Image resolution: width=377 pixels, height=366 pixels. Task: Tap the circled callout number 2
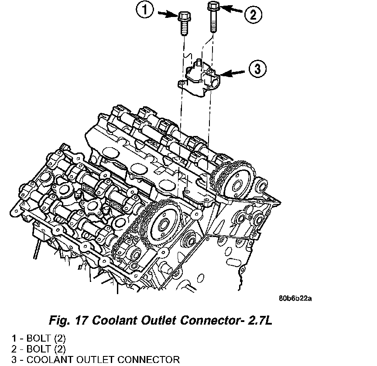(x=253, y=16)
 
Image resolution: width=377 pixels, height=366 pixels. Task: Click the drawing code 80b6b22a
(x=297, y=299)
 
